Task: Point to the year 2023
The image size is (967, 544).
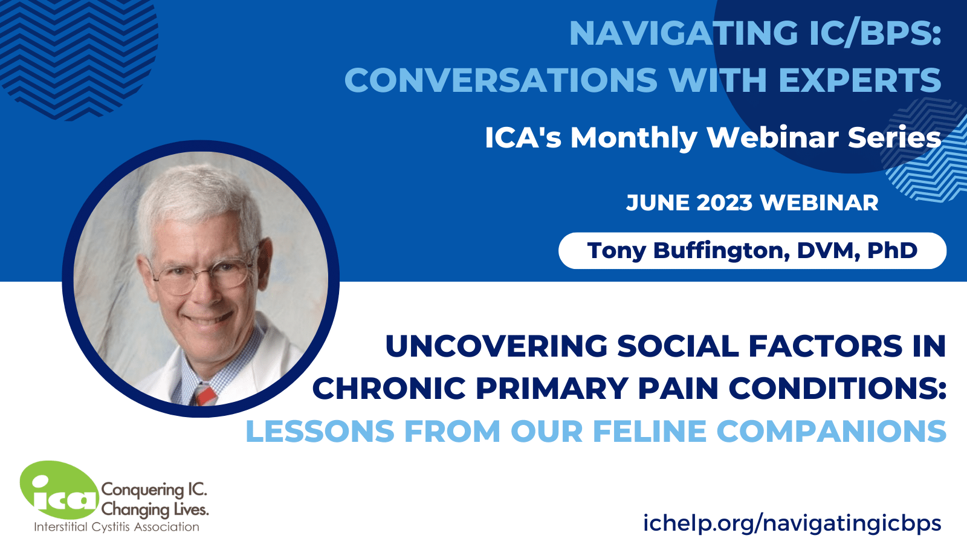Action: (725, 202)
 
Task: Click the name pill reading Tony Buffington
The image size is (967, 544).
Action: (752, 251)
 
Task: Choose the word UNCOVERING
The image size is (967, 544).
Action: (496, 346)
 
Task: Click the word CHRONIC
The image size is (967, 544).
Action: (389, 388)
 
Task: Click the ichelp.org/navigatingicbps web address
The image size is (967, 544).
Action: (792, 523)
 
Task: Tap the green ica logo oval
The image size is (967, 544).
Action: (59, 490)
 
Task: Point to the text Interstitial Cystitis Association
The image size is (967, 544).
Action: (117, 527)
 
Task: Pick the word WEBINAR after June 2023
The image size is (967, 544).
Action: (819, 202)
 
